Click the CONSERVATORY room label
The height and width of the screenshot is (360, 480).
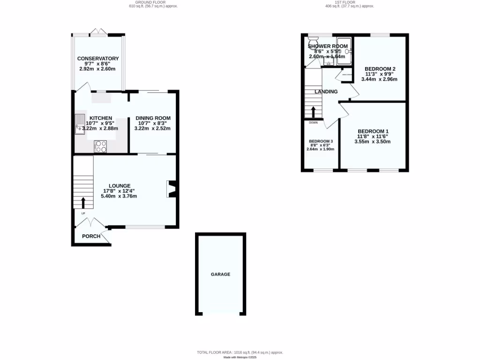[x=98, y=59]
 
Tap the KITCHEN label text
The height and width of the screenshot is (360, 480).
[x=101, y=118]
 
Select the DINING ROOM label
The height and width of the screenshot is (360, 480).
[x=153, y=118]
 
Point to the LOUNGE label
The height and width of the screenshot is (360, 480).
[x=120, y=186]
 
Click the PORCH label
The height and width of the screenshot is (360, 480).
[x=91, y=236]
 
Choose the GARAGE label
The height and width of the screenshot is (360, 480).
[x=220, y=274]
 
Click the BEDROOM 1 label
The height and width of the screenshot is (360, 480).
[x=373, y=131]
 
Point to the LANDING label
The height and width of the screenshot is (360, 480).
[x=326, y=92]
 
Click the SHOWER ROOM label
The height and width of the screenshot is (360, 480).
[x=328, y=46]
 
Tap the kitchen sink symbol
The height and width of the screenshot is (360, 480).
[x=79, y=124]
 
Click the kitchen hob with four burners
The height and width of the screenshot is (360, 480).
[x=101, y=146]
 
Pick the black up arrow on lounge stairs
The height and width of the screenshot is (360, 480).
[x=83, y=202]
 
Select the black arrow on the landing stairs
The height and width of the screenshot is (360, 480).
[x=313, y=112]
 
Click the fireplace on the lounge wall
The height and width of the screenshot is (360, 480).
[x=172, y=189]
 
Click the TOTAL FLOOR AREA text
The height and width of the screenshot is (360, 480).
[x=240, y=352]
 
